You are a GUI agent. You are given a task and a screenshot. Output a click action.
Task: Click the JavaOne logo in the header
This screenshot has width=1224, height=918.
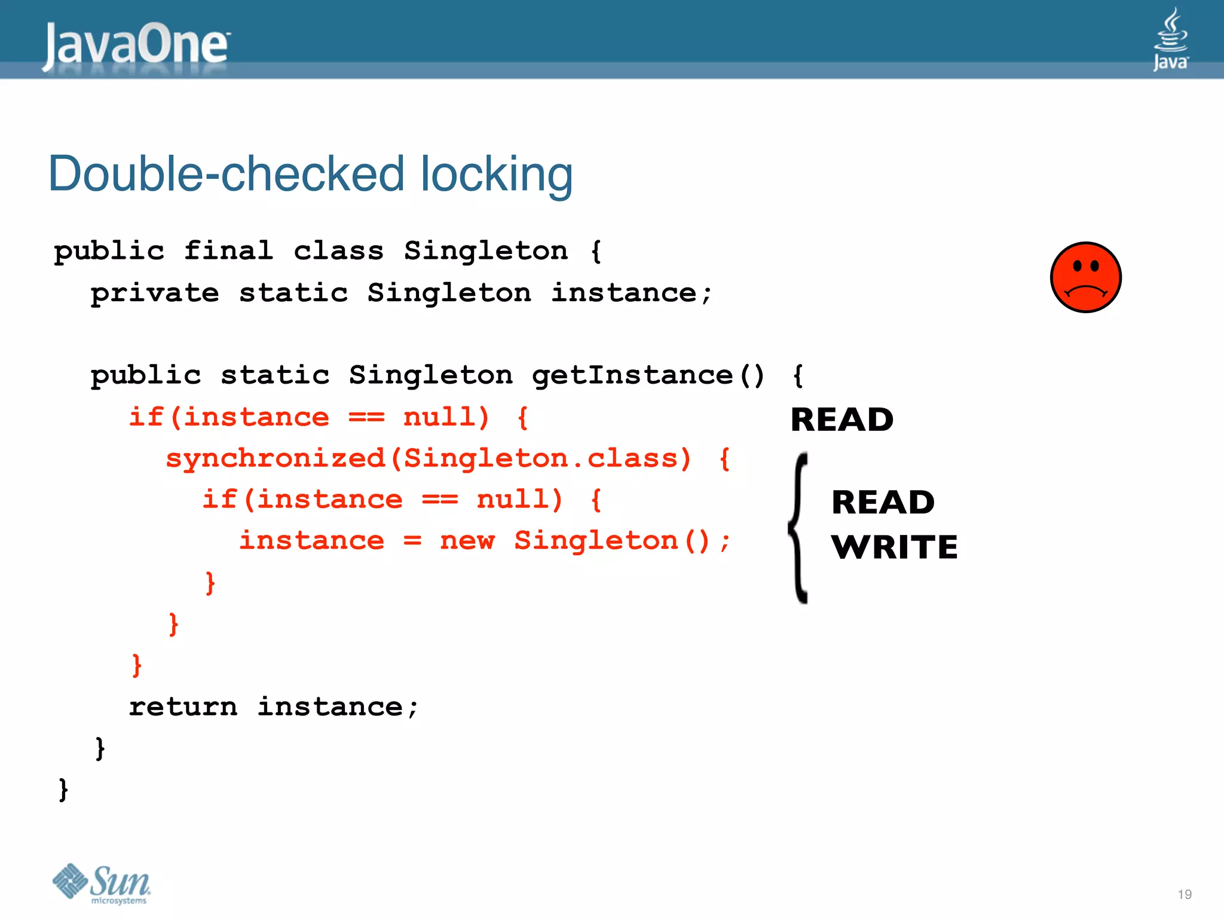pos(136,45)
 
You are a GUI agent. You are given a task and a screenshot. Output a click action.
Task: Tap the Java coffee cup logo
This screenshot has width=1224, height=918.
pos(1170,39)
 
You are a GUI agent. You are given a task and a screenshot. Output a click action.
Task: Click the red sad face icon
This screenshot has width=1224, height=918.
pos(1085,277)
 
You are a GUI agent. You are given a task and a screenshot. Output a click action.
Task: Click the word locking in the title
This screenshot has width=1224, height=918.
pos(496,175)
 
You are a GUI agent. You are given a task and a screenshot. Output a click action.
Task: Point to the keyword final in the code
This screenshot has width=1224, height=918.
pos(228,250)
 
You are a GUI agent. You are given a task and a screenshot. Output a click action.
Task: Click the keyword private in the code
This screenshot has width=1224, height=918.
pos(155,293)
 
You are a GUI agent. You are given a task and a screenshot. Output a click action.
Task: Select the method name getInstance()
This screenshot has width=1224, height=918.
pos(648,375)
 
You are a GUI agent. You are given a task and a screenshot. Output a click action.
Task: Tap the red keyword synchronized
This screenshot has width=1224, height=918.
pos(276,459)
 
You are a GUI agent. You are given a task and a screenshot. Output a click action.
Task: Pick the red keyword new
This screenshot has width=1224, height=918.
pos(467,541)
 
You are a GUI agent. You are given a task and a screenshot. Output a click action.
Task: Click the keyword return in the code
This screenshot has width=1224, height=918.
pos(183,707)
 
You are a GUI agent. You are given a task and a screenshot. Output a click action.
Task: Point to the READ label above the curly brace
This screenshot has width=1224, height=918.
pos(841,419)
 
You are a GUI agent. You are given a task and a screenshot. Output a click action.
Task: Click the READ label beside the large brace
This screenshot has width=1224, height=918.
pos(883,502)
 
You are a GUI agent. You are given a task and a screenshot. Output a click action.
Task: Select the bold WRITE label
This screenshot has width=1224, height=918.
pos(894,547)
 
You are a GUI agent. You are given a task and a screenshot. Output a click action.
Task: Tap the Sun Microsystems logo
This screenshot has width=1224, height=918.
pos(102,883)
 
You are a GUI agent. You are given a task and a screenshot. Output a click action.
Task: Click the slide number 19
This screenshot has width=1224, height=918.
pos(1185,894)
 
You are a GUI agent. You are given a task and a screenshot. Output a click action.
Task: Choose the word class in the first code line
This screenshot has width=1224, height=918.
pos(338,250)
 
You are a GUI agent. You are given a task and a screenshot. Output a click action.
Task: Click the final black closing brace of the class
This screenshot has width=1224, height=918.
pos(63,790)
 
